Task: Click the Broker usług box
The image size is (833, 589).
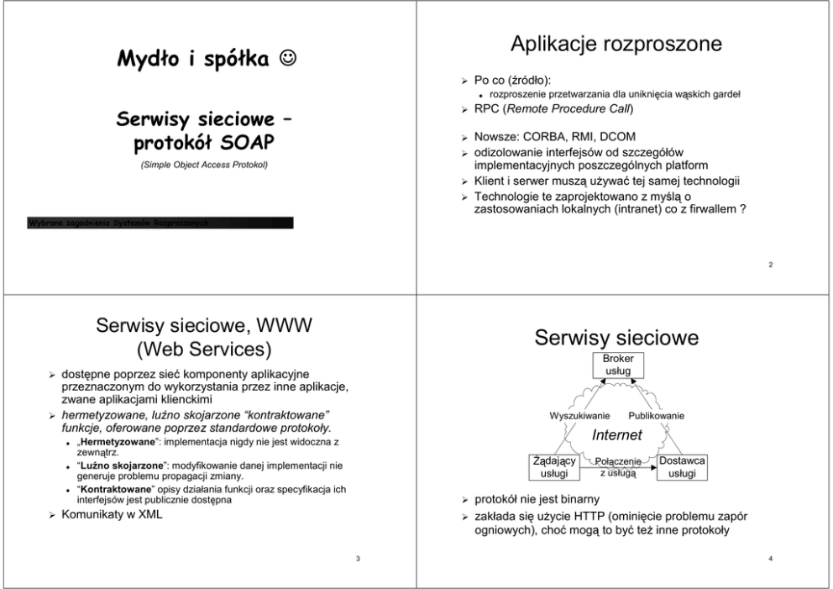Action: pos(618,364)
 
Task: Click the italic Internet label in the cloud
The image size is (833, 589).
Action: pos(617,435)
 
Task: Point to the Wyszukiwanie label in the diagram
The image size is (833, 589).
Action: pos(579,416)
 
